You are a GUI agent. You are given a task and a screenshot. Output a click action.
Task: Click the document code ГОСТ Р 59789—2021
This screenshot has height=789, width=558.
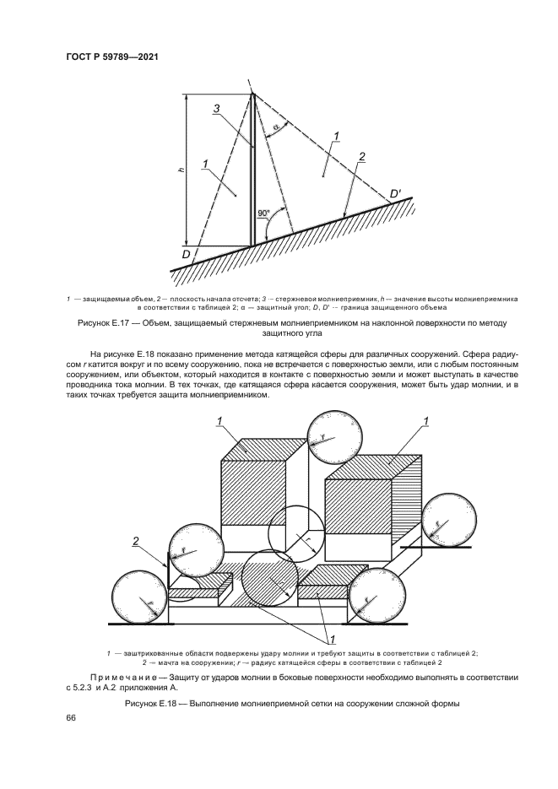point(112,57)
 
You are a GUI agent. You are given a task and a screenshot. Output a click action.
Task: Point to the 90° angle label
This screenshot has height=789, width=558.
point(263,213)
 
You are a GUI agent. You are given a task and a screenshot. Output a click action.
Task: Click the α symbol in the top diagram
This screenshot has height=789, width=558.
point(276,127)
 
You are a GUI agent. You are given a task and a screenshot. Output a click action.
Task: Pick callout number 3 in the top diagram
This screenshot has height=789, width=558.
point(216,108)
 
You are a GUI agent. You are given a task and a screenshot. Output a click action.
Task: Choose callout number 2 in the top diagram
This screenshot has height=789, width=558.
point(361,157)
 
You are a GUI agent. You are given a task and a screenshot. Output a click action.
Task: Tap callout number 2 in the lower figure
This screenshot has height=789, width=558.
point(135,541)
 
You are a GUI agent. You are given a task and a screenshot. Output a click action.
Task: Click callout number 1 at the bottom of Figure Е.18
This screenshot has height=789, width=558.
point(332,639)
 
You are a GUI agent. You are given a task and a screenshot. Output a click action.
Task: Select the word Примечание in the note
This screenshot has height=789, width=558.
point(125,678)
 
